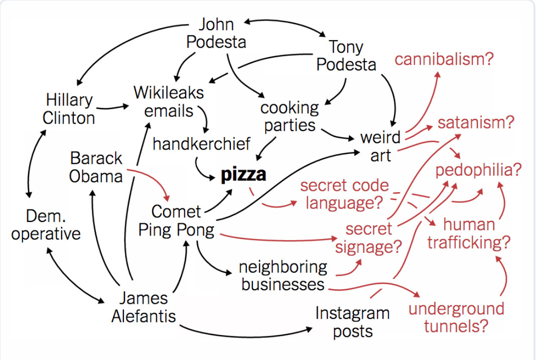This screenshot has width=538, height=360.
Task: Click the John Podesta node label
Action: [216, 33]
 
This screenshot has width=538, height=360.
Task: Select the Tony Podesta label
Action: [346, 56]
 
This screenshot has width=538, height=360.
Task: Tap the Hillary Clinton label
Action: [69, 109]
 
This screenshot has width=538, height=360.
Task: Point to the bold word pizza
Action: [244, 175]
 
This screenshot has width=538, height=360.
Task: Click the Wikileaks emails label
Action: [169, 101]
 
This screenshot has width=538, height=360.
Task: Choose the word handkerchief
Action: [201, 144]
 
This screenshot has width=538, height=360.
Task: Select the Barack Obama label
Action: [96, 167]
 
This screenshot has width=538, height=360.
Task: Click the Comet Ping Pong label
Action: [176, 221]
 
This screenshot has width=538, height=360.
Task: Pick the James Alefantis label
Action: [144, 307]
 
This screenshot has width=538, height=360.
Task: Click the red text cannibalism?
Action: [444, 59]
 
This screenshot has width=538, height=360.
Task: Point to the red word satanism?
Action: [476, 123]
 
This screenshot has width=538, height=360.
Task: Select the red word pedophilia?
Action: [478, 170]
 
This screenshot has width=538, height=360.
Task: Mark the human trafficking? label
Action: [469, 234]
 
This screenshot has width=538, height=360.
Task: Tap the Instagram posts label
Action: [352, 322]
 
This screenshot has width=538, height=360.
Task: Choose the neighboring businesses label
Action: [283, 276]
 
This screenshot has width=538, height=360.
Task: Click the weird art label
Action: [380, 146]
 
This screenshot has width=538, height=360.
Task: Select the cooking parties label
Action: [290, 116]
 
